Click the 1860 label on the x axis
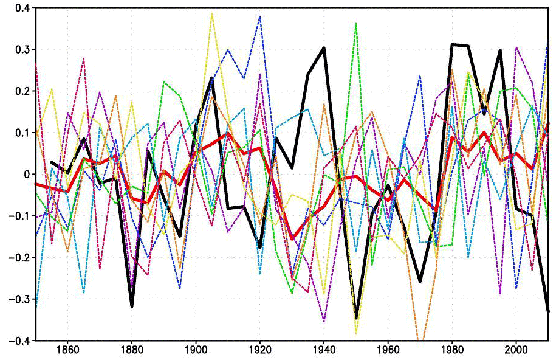click(x=67, y=350)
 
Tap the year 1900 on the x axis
click(x=196, y=350)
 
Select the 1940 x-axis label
click(x=324, y=350)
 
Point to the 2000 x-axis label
click(x=516, y=350)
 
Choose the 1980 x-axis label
click(x=452, y=350)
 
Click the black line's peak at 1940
click(x=324, y=47)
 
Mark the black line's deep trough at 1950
click(x=356, y=318)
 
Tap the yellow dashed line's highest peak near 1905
click(x=211, y=13)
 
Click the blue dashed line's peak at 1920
click(x=260, y=16)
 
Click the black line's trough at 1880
click(x=131, y=306)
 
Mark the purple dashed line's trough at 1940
click(x=324, y=321)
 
